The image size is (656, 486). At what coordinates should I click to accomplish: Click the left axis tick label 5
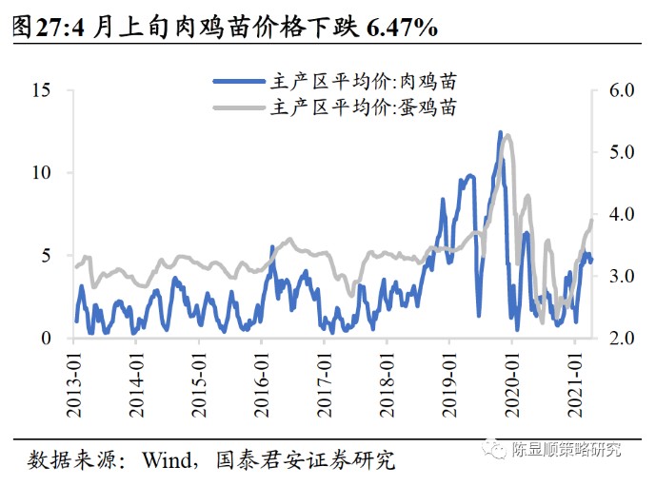(46, 256)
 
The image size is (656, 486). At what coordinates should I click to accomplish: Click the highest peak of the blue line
(501, 133)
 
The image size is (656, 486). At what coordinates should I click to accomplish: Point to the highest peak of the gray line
(507, 136)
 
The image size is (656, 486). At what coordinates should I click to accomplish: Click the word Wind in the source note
(164, 461)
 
